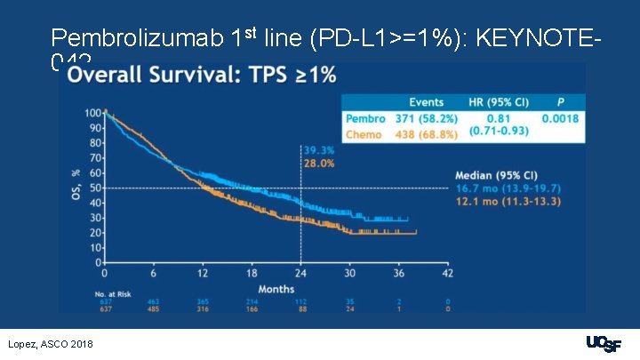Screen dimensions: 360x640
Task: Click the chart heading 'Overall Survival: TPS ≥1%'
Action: tap(203, 76)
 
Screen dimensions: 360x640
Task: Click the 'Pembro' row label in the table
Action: tap(364, 118)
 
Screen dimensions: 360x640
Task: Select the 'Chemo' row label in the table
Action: tap(364, 134)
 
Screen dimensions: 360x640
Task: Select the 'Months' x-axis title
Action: tap(276, 288)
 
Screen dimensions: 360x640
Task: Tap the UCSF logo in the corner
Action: tap(604, 343)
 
